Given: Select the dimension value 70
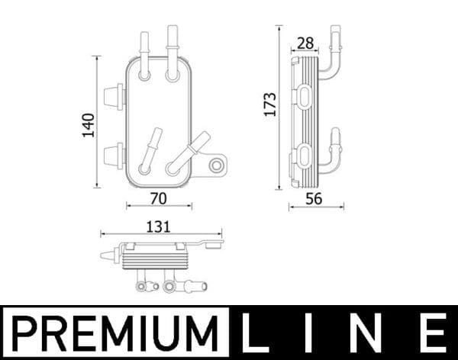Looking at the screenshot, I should pos(159,198).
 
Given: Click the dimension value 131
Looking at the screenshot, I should pos(159,227).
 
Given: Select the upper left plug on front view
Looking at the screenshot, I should pos(113,95).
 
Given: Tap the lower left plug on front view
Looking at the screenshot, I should pos(113,154).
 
